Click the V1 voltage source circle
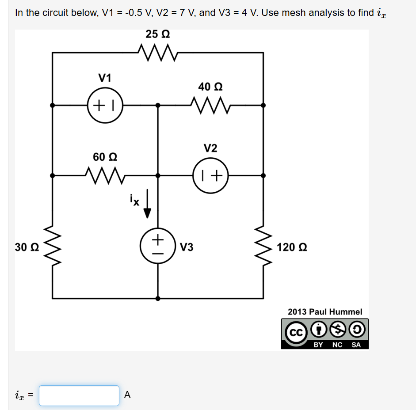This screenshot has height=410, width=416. [105, 106]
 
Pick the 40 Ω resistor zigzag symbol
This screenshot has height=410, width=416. [210, 106]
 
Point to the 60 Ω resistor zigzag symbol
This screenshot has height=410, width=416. [105, 175]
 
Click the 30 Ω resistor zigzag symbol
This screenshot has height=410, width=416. [53, 247]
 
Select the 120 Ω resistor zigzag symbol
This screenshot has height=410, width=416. [264, 247]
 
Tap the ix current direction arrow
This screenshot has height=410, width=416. [147, 207]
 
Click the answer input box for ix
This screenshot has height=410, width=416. [79, 395]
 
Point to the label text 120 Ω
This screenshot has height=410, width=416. [292, 247]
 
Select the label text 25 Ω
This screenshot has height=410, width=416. [158, 34]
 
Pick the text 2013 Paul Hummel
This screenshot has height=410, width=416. [324, 312]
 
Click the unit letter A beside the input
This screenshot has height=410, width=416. [127, 395]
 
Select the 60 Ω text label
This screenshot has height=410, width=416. [105, 157]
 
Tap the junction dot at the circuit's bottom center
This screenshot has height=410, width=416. [158, 299]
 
